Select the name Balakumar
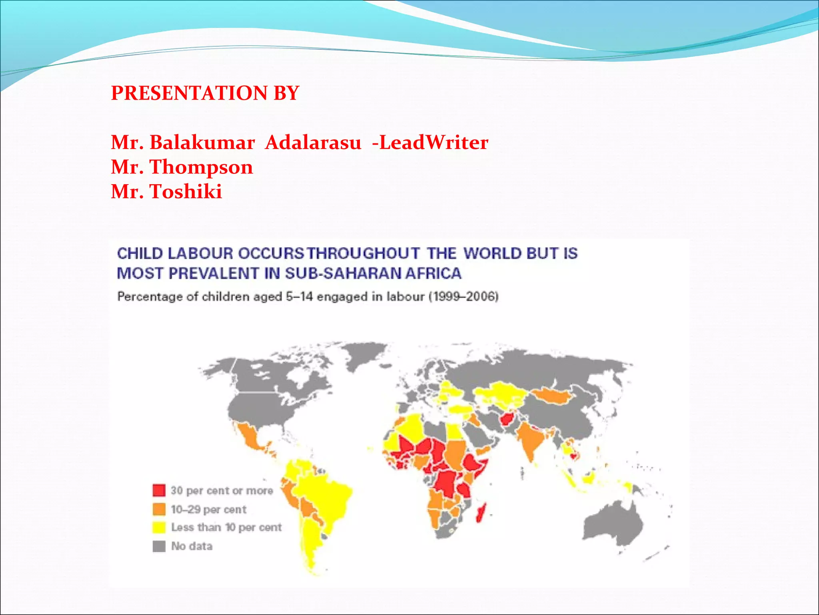202,143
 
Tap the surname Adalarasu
313,143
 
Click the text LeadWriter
433,143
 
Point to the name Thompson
201,167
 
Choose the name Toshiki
186,191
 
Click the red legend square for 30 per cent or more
159,490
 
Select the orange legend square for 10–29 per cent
159,509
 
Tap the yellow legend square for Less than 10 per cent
159,527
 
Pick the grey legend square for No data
159,546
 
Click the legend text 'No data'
192,546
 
